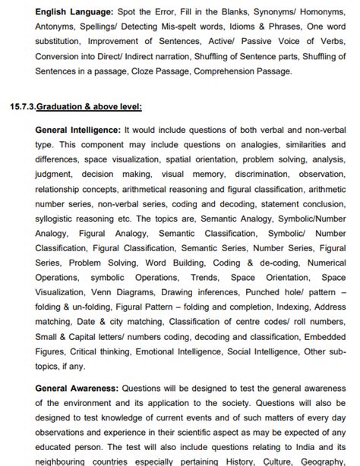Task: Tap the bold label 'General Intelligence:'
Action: tap(78, 131)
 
